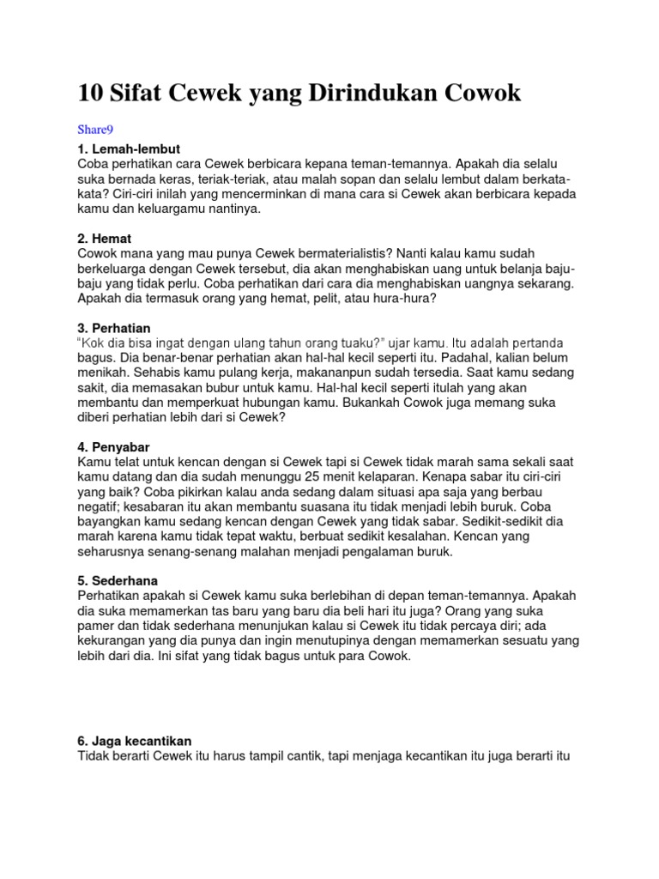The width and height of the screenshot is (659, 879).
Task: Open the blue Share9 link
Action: click(95, 130)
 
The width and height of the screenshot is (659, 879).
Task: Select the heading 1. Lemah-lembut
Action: click(129, 149)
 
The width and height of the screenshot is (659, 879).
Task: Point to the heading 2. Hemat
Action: click(105, 238)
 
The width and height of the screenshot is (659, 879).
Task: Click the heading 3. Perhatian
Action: click(114, 328)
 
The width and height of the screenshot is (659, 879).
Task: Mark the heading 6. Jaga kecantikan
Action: click(135, 740)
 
